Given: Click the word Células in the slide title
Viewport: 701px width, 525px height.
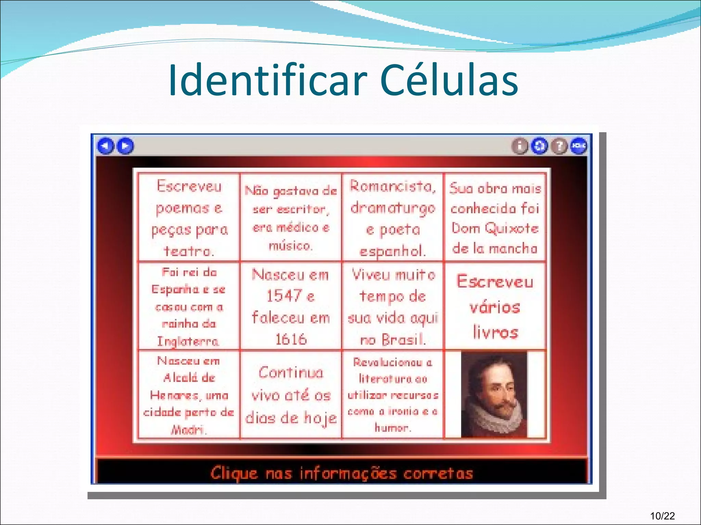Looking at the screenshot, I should pyautogui.click(x=449, y=81).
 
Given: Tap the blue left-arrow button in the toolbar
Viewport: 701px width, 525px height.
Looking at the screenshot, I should pyautogui.click(x=105, y=146).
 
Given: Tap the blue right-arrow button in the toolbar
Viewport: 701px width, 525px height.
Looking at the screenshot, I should pyautogui.click(x=125, y=146).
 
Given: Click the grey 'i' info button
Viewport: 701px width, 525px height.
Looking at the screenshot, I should pyautogui.click(x=520, y=146).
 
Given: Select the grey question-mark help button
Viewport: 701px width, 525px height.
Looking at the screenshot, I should pyautogui.click(x=559, y=146).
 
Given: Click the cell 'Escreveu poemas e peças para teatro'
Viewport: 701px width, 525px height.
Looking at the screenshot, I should pyautogui.click(x=189, y=218).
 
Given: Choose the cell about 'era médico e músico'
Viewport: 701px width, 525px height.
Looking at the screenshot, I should pyautogui.click(x=291, y=218).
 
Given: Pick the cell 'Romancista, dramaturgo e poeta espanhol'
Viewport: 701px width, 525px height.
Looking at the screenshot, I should pyautogui.click(x=393, y=218).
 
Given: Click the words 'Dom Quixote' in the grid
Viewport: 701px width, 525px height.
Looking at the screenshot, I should pyautogui.click(x=495, y=228).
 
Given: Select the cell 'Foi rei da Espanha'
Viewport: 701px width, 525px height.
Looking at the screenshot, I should pyautogui.click(x=189, y=306).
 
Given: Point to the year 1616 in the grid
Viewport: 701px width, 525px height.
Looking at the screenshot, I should pyautogui.click(x=291, y=339).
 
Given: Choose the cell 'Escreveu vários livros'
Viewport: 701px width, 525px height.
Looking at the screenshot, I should pyautogui.click(x=495, y=306).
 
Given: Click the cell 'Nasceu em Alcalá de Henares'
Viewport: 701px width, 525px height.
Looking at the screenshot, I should pyautogui.click(x=189, y=395).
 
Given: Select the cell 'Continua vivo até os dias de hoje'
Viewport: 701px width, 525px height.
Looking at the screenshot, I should pyautogui.click(x=291, y=395).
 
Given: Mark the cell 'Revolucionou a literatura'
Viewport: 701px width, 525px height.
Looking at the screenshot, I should pyautogui.click(x=393, y=395).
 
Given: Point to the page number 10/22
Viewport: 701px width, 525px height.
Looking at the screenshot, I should pyautogui.click(x=663, y=516).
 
